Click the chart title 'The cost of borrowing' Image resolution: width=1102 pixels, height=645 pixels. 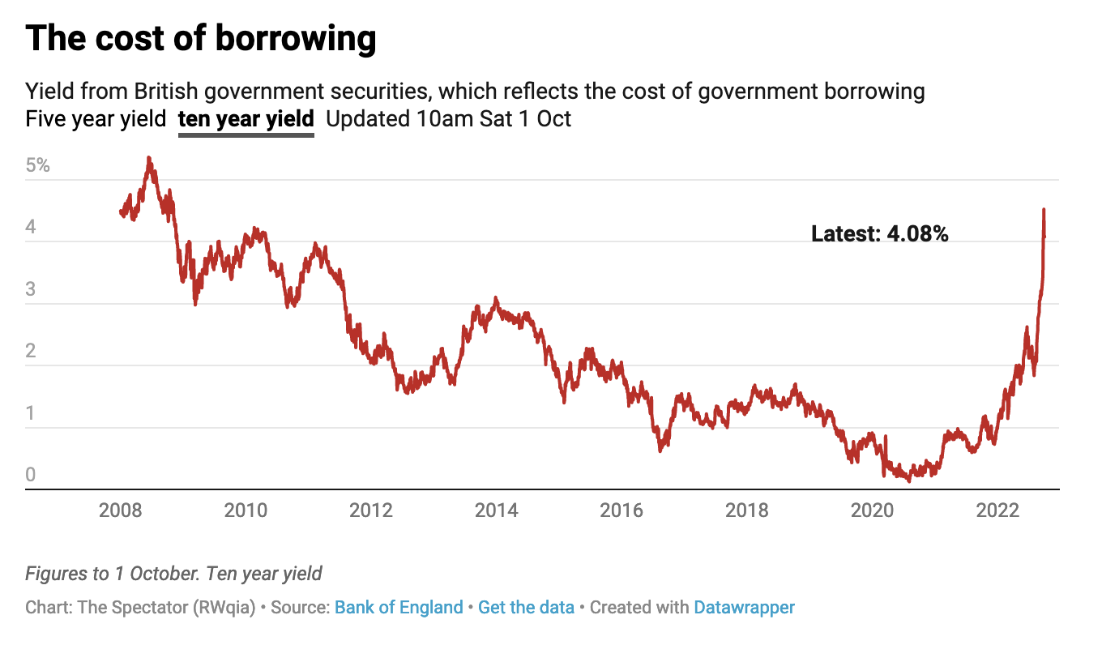coord(201,38)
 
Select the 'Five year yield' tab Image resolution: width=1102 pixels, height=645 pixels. coord(96,119)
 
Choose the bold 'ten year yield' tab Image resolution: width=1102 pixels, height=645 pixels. coord(246,119)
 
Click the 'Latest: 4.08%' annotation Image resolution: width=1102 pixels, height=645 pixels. coord(879,234)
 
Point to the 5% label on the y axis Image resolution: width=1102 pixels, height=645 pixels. coord(37,166)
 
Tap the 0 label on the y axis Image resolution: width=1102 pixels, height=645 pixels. coord(31,475)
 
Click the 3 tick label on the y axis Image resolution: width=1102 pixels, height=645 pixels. coord(31,289)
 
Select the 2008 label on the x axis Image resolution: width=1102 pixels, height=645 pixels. coord(120,511)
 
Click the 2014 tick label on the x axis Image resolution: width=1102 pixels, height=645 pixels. coord(496,511)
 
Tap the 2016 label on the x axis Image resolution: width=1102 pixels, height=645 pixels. coord(621,511)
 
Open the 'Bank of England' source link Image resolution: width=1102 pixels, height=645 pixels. coord(399,608)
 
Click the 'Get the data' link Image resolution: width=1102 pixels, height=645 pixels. coord(526,608)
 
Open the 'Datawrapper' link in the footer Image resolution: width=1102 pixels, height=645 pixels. coord(744,608)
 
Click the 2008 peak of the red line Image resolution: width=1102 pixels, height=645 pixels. coord(149,159)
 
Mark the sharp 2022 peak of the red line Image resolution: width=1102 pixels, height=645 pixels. coord(1044,210)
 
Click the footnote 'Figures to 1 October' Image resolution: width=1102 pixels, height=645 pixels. coord(113,575)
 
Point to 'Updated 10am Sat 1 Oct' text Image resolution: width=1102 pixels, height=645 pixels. coord(448,119)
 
